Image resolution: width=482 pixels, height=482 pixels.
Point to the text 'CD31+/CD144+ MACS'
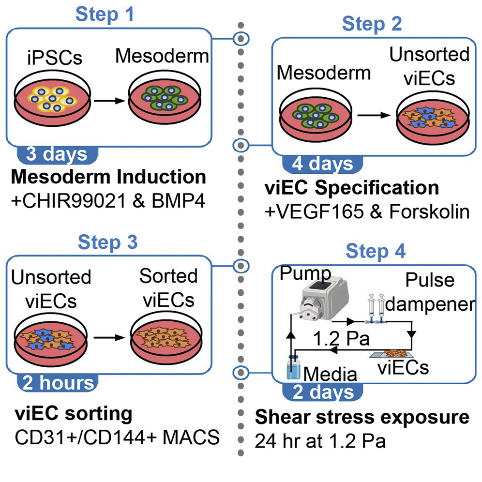(x=115, y=438)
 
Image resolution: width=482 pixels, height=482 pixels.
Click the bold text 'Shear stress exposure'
(x=362, y=417)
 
